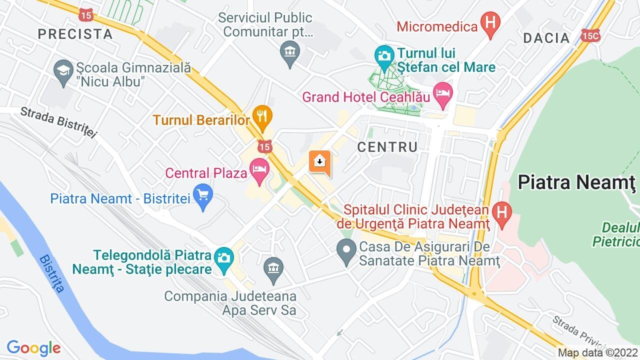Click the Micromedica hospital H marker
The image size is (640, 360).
click(x=490, y=23)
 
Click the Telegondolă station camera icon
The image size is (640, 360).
click(x=223, y=257)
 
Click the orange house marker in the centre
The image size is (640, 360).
click(x=320, y=161)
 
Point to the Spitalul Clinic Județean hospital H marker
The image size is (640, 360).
click(x=501, y=212)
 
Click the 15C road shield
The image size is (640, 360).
click(x=590, y=35)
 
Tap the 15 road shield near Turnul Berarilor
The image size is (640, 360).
click(x=265, y=146)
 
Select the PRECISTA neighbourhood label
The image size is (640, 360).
click(x=75, y=34)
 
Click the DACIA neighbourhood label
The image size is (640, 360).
click(x=546, y=38)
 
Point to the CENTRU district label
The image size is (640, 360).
click(x=387, y=147)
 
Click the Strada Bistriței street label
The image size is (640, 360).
click(x=58, y=122)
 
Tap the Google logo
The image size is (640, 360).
click(x=33, y=348)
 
